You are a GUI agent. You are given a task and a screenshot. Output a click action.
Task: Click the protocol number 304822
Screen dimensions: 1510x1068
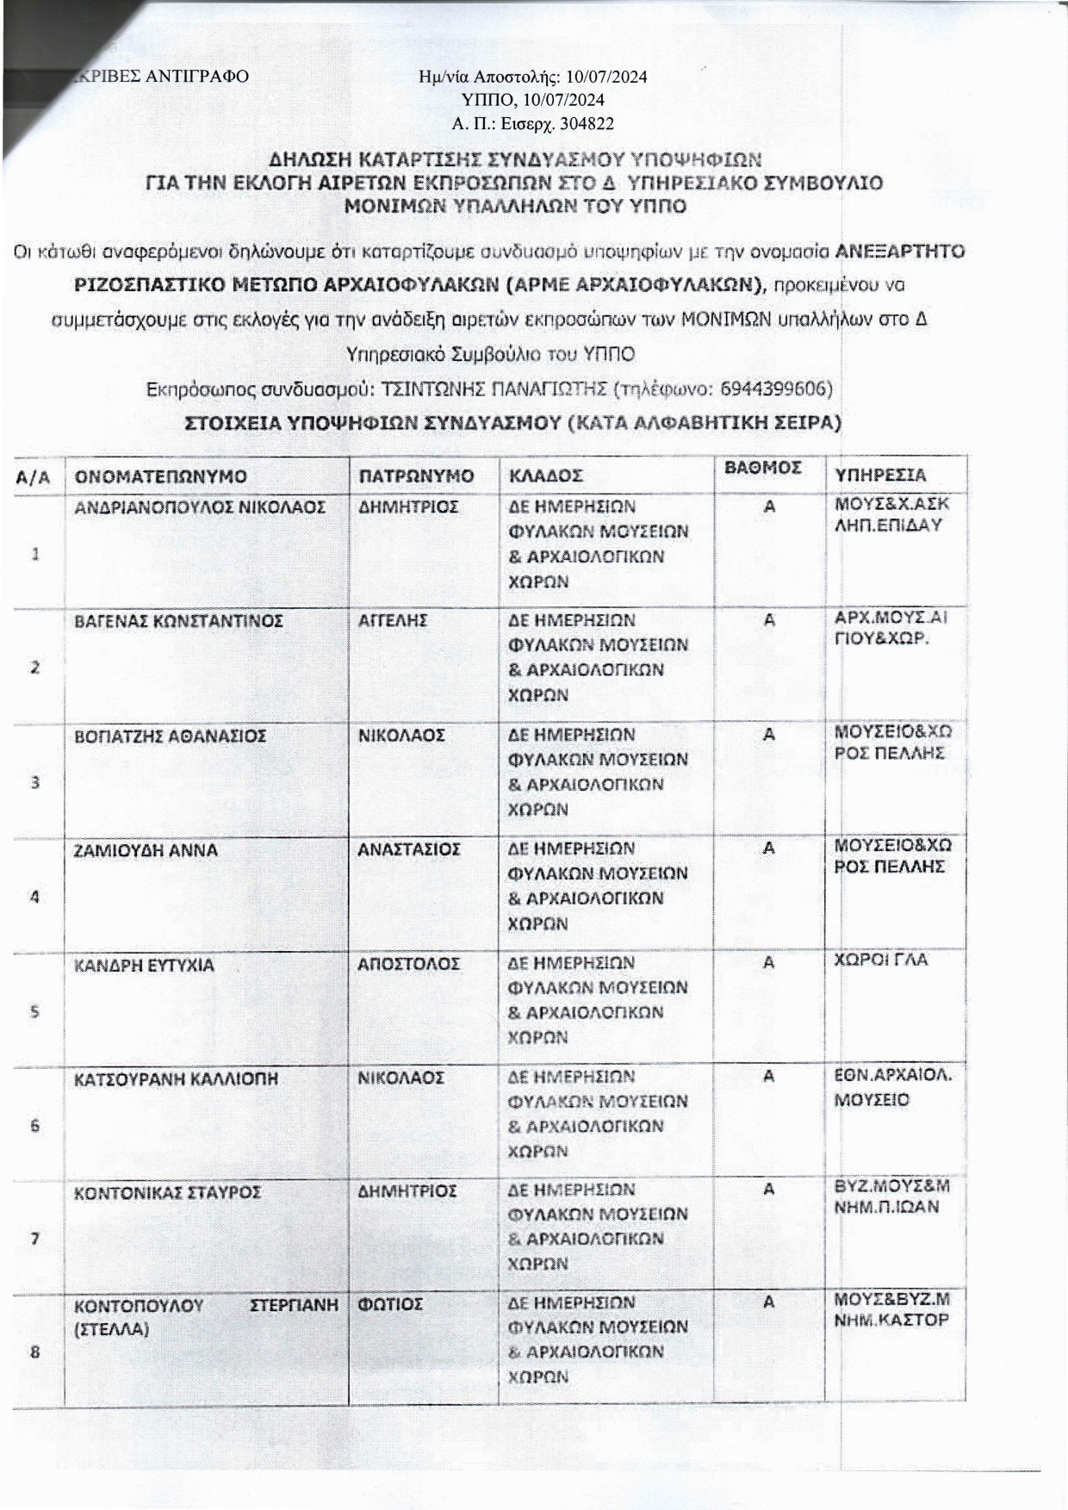587,123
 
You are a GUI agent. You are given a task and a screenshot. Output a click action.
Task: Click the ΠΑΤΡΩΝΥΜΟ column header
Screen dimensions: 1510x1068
416,476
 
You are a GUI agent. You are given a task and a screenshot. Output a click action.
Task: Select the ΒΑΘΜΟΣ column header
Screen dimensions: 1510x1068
763,467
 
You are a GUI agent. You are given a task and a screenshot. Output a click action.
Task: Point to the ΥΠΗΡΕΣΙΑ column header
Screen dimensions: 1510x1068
881,475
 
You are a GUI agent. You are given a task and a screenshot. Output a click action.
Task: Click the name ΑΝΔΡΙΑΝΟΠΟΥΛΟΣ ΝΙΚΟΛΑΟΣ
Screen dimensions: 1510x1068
200,506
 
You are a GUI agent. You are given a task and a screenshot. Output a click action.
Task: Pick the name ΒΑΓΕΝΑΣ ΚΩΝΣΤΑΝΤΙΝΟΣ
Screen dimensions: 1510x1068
178,620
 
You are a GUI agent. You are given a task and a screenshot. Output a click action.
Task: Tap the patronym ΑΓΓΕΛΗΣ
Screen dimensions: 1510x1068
393,620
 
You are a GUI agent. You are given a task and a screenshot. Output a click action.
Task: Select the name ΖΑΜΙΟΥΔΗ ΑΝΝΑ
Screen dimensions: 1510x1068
146,850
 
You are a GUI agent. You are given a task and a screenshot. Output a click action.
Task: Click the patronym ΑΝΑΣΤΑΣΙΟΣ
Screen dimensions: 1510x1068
409,849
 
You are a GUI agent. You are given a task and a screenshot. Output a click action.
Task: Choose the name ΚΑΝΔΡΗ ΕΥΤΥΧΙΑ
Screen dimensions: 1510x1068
144,965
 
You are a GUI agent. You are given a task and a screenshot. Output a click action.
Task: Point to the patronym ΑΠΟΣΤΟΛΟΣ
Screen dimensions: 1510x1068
409,964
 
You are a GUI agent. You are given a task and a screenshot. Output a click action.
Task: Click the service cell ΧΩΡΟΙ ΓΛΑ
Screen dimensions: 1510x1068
881,960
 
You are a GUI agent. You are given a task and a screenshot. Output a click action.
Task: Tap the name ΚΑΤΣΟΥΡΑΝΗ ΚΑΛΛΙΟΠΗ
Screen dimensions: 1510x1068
176,1078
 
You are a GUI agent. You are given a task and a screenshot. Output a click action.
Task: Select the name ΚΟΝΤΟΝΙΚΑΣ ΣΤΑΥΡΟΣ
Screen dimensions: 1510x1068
167,1193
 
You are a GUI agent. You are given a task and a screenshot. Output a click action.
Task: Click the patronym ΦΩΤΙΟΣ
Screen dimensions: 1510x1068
390,1304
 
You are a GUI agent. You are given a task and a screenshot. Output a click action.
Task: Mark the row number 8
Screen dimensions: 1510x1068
35,1352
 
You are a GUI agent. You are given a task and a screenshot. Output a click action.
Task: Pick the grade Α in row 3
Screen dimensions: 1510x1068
769,735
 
